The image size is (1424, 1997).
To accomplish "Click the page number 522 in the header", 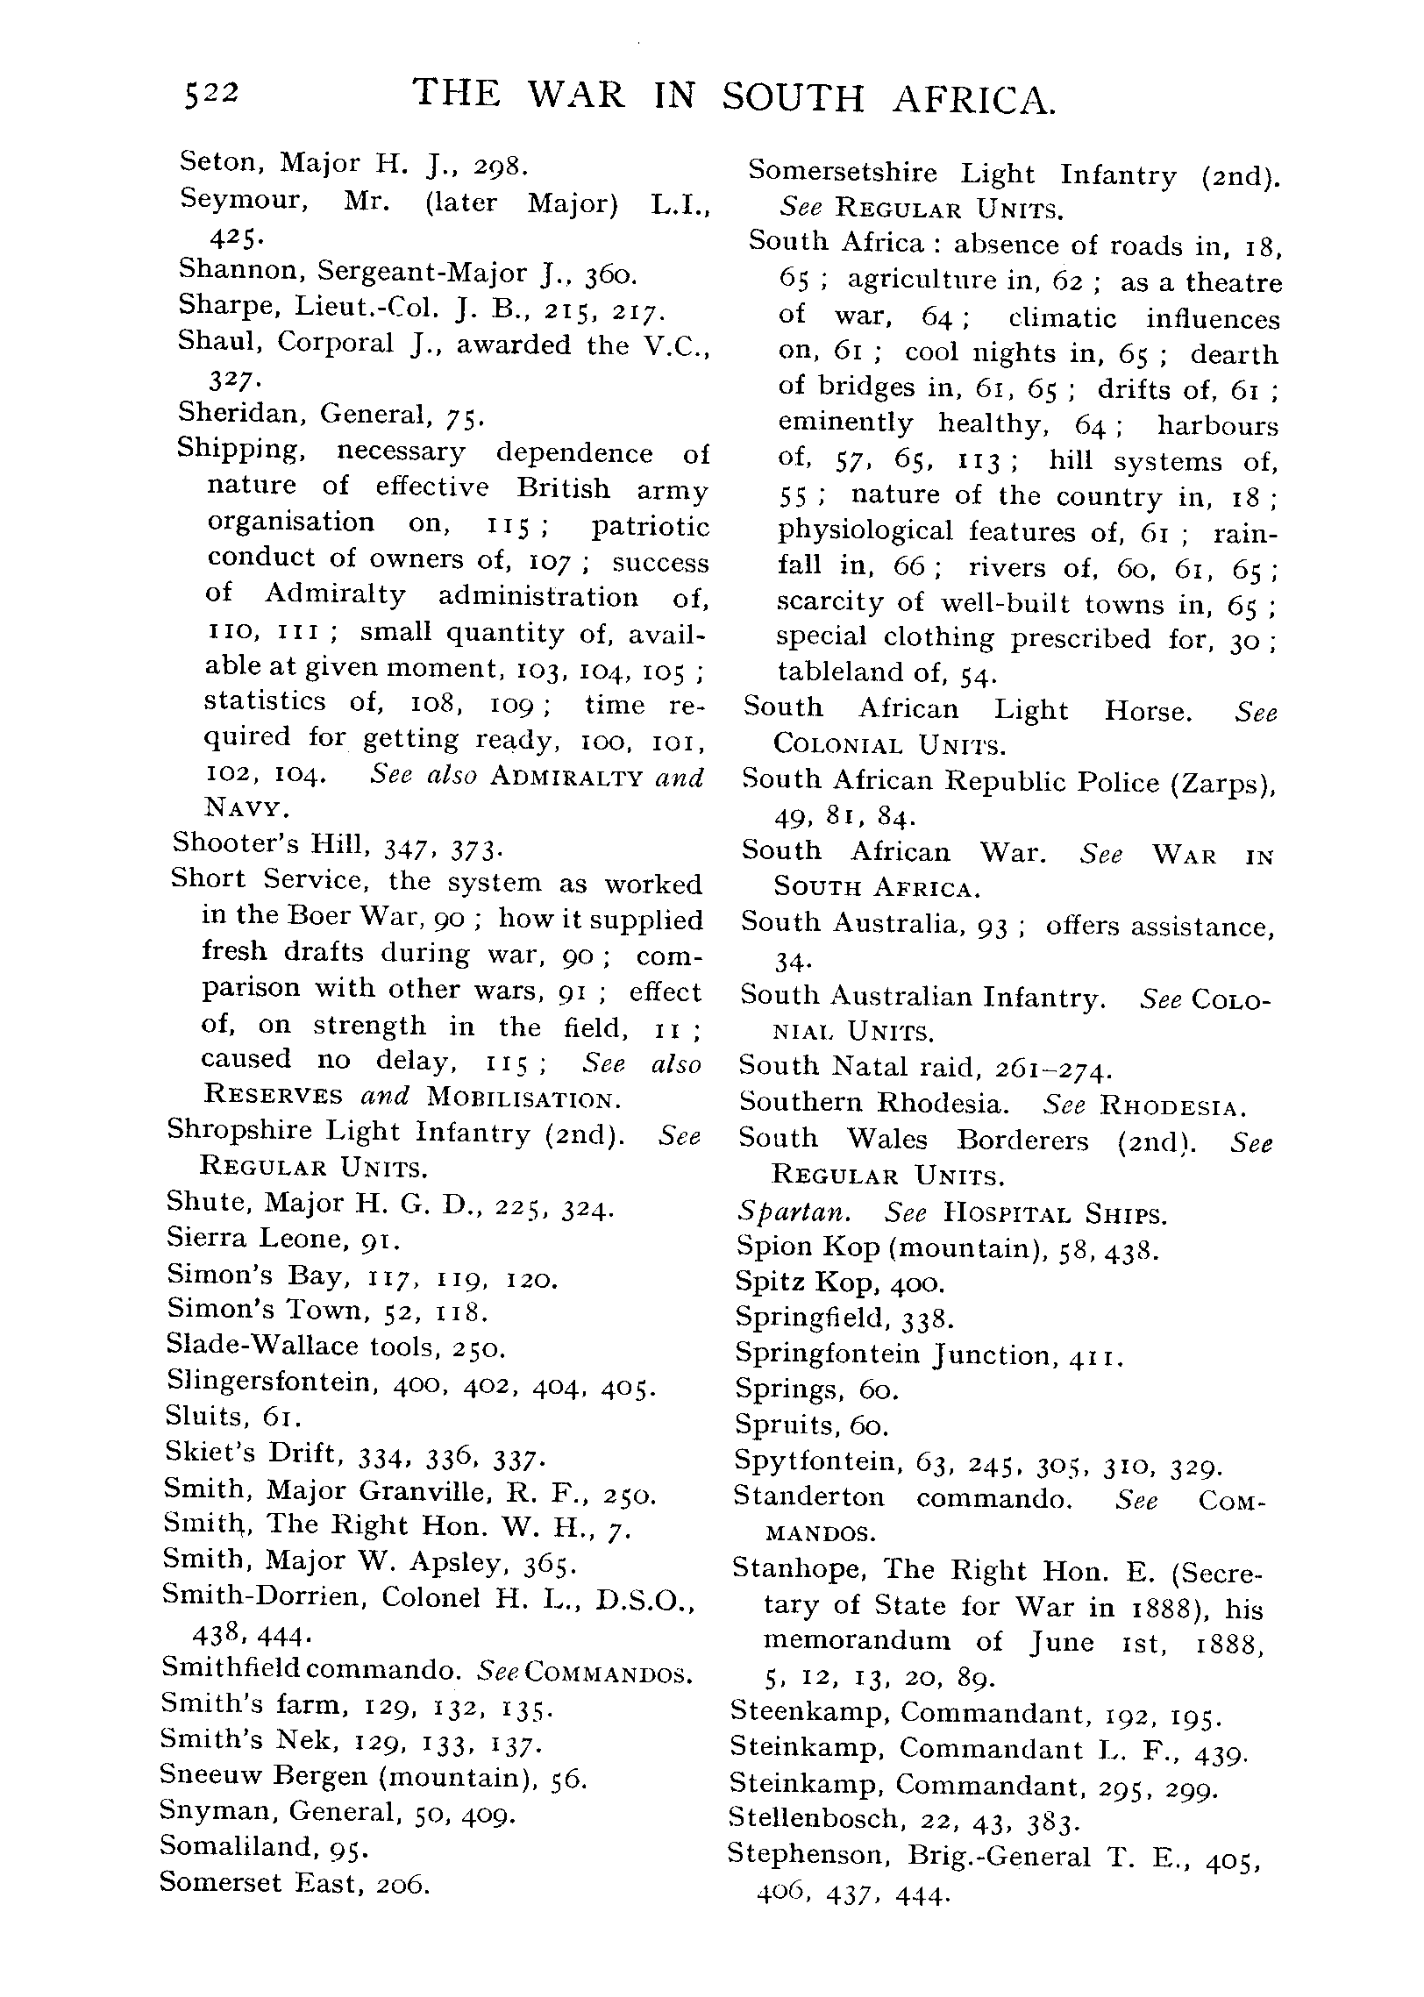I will (210, 94).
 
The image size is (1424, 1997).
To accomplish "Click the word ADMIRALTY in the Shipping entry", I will (567, 778).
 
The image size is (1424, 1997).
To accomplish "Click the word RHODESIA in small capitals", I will (1171, 1107).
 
